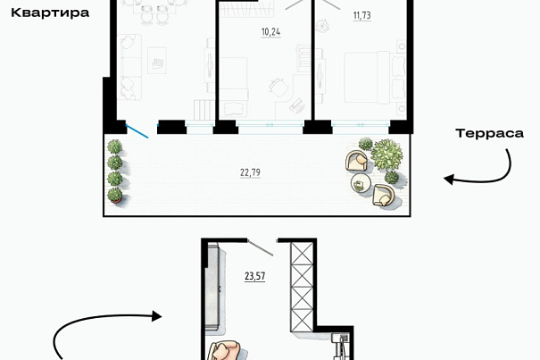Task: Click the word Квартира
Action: coord(50,13)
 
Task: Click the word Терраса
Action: coord(489,133)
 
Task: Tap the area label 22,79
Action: coord(250,172)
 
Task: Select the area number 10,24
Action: coord(270,32)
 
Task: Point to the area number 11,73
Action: coord(362,15)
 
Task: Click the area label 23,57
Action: coord(255,276)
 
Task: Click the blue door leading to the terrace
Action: coord(137,131)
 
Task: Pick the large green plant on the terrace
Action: coord(387,155)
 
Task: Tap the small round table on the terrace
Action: coord(361,183)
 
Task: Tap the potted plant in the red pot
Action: coord(115,195)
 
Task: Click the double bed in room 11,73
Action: coord(376,77)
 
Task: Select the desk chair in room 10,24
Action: coord(278,88)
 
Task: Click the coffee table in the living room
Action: coord(157,61)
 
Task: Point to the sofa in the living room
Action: coord(129,67)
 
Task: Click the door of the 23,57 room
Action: coord(260,248)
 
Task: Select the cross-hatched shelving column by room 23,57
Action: coord(302,287)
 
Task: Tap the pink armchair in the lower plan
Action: coord(226,351)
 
